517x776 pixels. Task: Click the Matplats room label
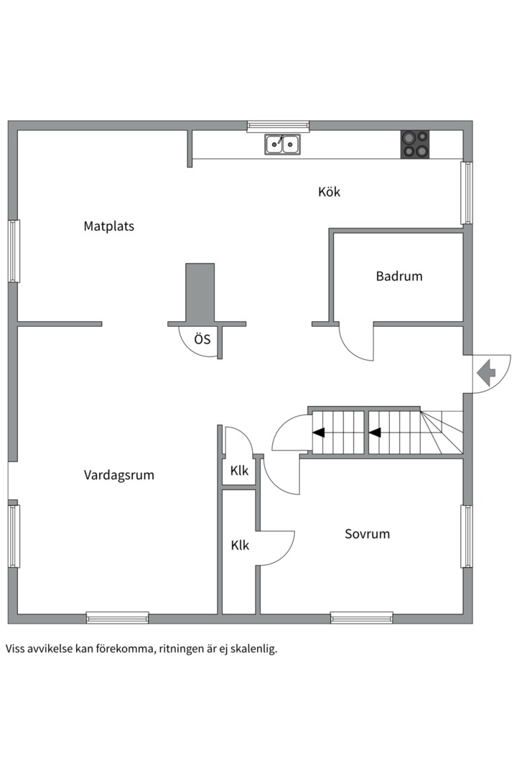(x=109, y=226)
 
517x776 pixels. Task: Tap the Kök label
(x=329, y=192)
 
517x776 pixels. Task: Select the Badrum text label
(x=399, y=276)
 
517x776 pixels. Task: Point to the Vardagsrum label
(x=119, y=475)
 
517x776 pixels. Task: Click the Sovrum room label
(x=367, y=534)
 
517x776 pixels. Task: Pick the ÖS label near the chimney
(x=202, y=339)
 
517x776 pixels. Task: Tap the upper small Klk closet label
(x=239, y=471)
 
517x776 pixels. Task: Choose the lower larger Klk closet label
(x=240, y=545)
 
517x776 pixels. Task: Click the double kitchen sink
(x=283, y=145)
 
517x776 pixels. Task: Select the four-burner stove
(x=414, y=144)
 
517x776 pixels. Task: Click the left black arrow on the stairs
(x=318, y=433)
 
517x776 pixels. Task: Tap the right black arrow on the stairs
(x=374, y=433)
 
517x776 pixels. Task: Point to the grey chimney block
(x=200, y=292)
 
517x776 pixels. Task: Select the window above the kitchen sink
(x=278, y=126)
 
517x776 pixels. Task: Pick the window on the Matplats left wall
(x=14, y=251)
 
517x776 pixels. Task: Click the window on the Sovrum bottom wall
(x=361, y=616)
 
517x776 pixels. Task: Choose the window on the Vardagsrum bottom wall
(x=117, y=616)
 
